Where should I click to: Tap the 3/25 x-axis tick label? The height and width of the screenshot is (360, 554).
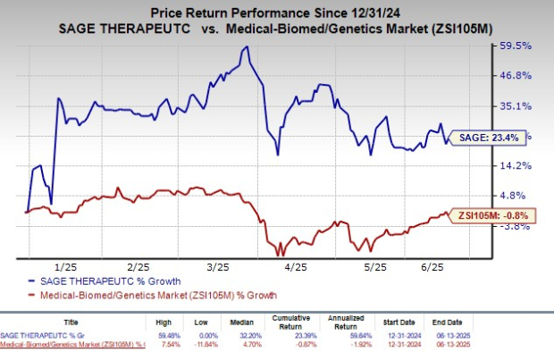click(x=218, y=267)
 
